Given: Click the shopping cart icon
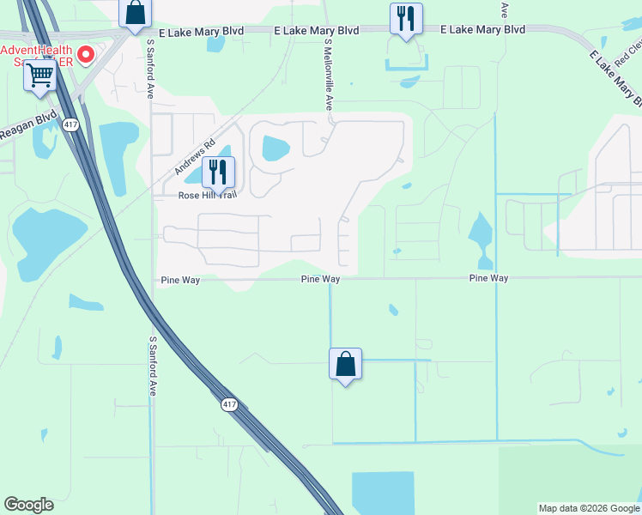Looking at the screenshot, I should coord(39,76).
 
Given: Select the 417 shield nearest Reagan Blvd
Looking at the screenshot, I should coord(70,124).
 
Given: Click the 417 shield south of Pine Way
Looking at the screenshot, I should coord(228,404).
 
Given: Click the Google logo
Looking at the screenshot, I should coord(28,505).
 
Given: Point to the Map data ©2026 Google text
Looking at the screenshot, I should coord(589,508).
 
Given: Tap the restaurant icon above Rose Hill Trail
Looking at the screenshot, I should coord(218,172).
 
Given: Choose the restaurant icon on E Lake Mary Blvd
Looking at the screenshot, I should coord(406,19).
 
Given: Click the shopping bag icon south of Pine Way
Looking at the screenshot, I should coord(345,364).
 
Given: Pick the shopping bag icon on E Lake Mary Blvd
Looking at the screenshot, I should coord(135,13).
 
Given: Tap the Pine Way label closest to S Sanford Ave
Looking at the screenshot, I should coord(180,280).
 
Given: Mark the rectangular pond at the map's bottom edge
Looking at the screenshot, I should coord(383,493).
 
